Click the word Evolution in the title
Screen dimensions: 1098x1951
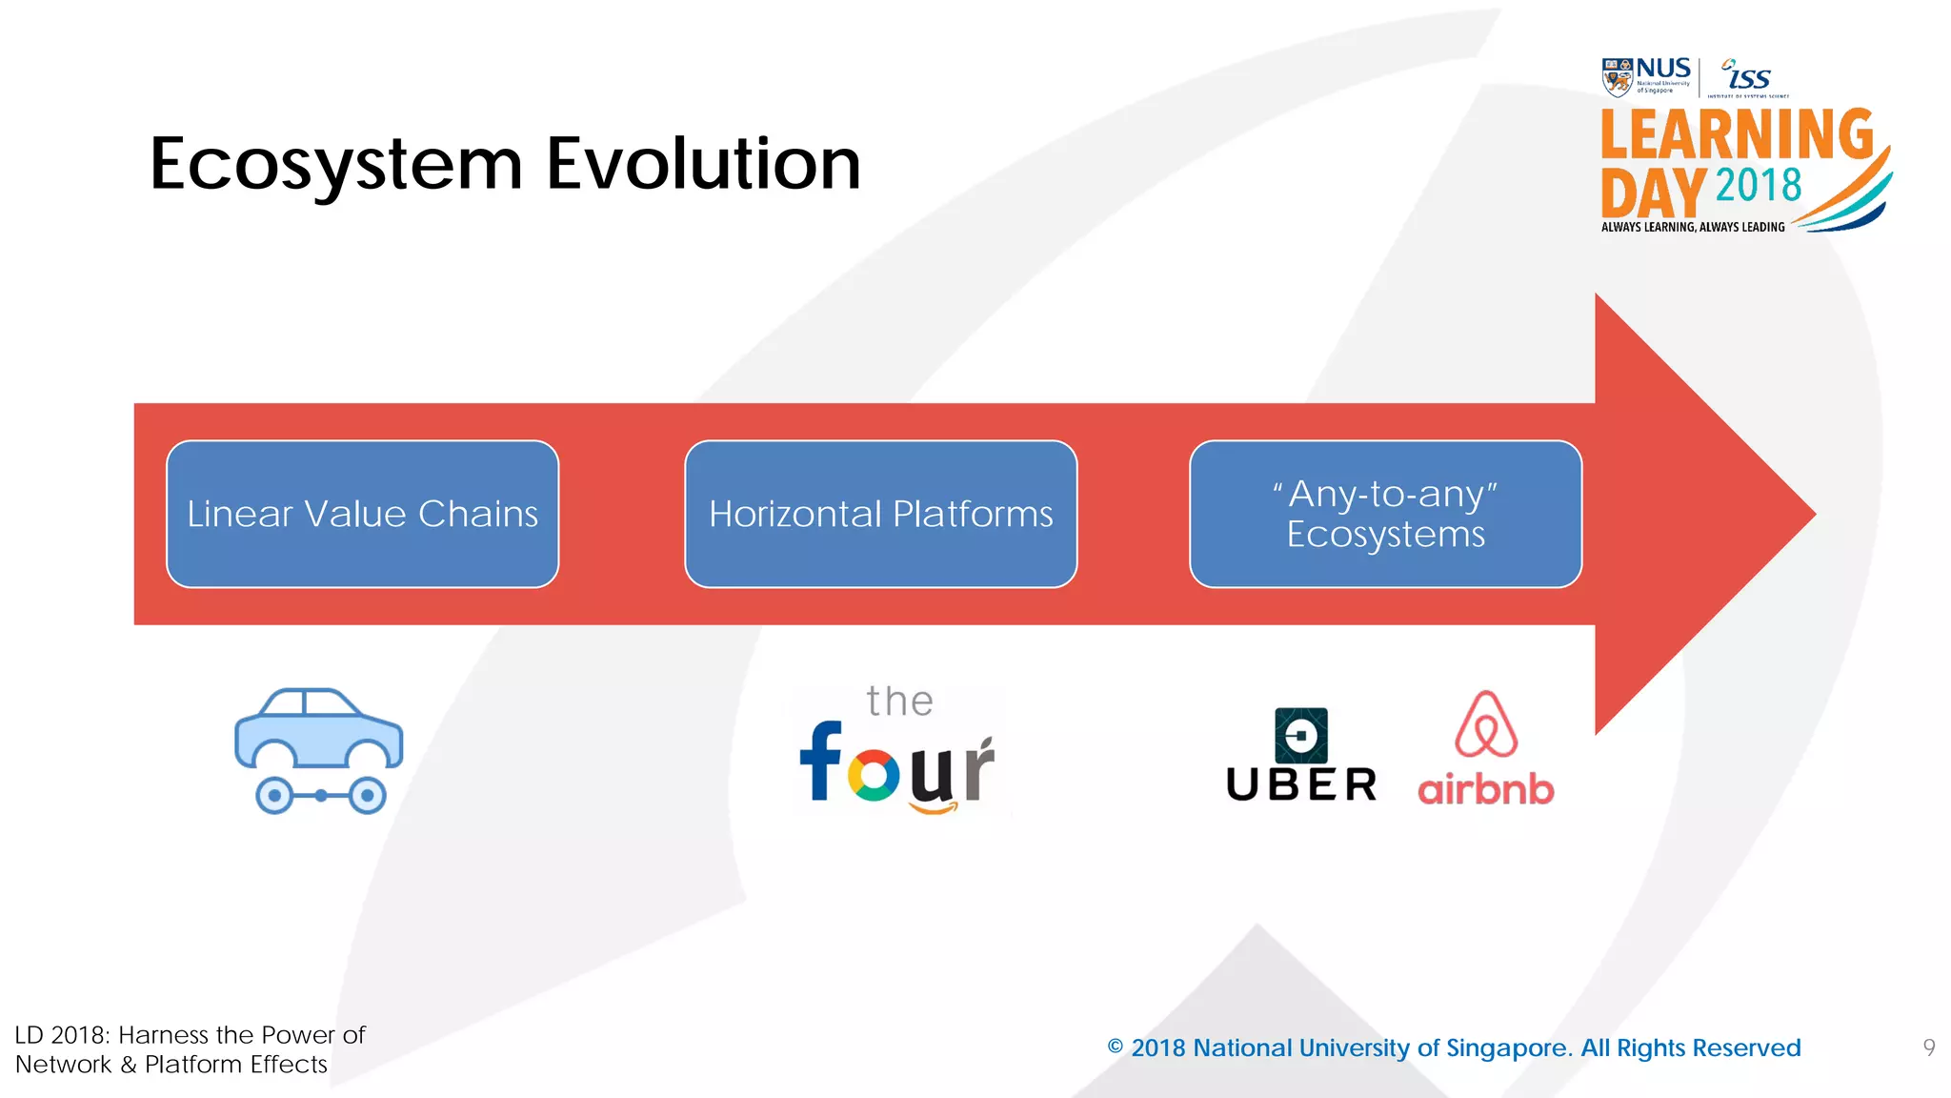pos(703,164)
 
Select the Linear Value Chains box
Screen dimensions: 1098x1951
pos(362,514)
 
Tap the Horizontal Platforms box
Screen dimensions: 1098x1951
pos(880,514)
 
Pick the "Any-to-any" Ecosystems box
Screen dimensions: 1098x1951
pos(1385,514)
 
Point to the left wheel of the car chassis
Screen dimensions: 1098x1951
pos(274,795)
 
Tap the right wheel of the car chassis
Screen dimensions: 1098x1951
pos(367,795)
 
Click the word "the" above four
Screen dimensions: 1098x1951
pos(899,702)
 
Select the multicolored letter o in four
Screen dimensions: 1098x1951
pos(873,774)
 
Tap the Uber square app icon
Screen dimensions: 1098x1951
pos(1300,735)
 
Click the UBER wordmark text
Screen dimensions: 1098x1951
pos(1301,785)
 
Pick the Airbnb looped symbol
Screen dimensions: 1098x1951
pos(1485,725)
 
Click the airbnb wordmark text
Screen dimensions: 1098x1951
pos(1485,789)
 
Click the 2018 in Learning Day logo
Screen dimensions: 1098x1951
pos(1758,185)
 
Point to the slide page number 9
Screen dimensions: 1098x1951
pos(1929,1047)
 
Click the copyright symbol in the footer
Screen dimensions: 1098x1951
pos(1115,1047)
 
